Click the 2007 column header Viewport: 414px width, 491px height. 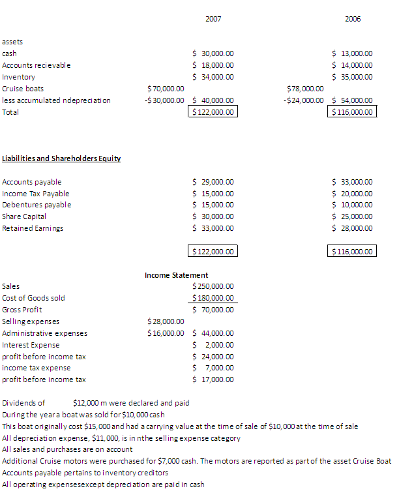point(213,19)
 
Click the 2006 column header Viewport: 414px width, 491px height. point(353,19)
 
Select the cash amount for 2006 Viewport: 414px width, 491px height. point(353,53)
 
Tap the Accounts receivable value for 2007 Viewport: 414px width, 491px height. point(214,65)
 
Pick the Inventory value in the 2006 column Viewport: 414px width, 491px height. point(353,77)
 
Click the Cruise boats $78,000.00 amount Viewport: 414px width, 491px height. point(305,89)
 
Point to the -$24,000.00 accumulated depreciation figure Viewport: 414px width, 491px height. point(303,100)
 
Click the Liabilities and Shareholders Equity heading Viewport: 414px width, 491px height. point(61,158)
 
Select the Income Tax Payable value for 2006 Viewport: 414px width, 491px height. point(353,194)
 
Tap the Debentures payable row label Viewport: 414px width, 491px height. point(37,205)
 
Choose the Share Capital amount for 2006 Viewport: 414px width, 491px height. point(353,216)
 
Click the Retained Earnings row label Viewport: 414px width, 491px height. point(33,228)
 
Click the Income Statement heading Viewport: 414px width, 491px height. point(177,275)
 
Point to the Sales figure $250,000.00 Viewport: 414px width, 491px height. point(214,286)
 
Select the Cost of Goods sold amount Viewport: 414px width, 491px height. point(214,298)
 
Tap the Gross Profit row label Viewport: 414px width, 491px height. point(23,310)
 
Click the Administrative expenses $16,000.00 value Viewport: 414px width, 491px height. point(166,333)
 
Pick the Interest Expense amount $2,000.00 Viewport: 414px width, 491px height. point(214,345)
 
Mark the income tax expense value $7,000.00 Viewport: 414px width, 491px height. point(214,368)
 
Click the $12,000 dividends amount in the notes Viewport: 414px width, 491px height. point(86,403)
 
